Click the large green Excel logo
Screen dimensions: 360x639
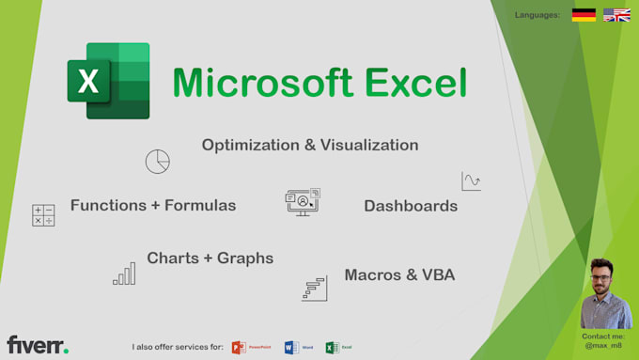(108, 81)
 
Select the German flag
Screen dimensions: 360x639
(584, 15)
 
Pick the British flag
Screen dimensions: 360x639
(616, 15)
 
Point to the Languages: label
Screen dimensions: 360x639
(538, 15)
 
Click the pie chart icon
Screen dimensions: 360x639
(157, 161)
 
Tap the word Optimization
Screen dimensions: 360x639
(252, 145)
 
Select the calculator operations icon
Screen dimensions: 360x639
(43, 215)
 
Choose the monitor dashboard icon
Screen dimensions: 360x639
(303, 202)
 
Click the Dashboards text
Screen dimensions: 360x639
(411, 206)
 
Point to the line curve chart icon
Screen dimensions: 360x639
(471, 181)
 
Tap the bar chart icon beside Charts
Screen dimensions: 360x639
(124, 274)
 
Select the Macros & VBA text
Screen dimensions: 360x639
(399, 274)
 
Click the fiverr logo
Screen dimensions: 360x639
(38, 345)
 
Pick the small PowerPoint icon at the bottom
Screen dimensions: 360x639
(239, 347)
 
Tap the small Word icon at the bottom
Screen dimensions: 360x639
(291, 347)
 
